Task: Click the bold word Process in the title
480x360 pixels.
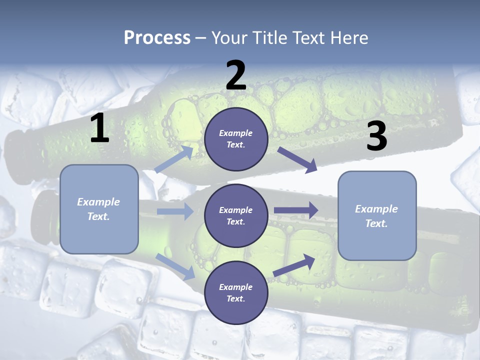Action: coord(157,37)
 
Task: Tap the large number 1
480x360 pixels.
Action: coord(99,128)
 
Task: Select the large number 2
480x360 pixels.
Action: coord(236,75)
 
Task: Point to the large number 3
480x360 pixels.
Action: coord(376,136)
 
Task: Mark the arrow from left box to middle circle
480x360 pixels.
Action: coord(174,211)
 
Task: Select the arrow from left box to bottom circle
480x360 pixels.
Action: coord(175,266)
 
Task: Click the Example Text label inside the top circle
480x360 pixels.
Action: coord(236,139)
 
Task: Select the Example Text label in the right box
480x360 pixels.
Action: coord(376,216)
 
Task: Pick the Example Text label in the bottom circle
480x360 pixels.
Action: coord(236,293)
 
